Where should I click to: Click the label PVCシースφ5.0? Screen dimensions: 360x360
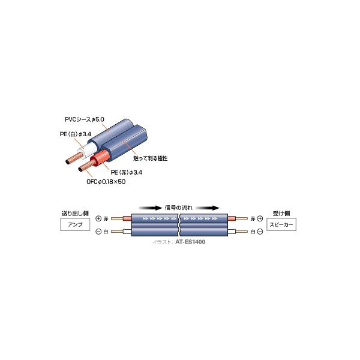(x=85, y=119)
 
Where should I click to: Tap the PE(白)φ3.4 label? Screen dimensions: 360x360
(x=76, y=134)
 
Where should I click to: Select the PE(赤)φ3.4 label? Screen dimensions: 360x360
(x=127, y=172)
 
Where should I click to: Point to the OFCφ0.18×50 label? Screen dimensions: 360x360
(x=106, y=182)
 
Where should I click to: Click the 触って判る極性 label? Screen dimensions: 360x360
(x=151, y=158)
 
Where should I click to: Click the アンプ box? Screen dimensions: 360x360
(x=75, y=224)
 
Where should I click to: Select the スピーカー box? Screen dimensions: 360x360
(x=281, y=224)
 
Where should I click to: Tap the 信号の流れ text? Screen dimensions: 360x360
(x=179, y=208)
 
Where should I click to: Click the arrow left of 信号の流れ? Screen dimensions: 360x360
(x=151, y=208)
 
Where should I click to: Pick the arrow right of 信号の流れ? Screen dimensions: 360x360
(x=208, y=208)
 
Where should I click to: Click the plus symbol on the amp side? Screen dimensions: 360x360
(x=98, y=218)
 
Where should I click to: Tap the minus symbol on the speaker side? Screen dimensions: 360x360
(x=260, y=232)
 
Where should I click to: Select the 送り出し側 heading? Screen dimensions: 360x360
(x=75, y=214)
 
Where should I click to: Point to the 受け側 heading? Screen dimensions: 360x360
(x=281, y=214)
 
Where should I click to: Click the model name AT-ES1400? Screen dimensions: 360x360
(x=190, y=242)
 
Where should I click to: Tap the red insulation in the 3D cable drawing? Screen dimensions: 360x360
(x=100, y=158)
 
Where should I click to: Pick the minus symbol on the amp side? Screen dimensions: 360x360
(x=98, y=232)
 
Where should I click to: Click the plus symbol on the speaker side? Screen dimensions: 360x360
(x=260, y=218)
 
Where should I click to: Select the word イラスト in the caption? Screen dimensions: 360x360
(x=161, y=242)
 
